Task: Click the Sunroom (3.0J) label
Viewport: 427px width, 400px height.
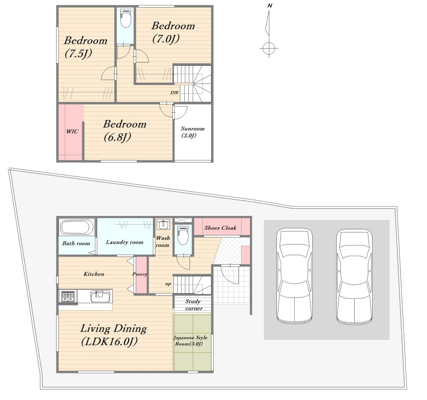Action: (193, 132)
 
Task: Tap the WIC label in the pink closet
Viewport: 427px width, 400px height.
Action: (72, 131)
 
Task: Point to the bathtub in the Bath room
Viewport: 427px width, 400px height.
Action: (77, 227)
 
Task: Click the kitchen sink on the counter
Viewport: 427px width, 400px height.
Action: (100, 296)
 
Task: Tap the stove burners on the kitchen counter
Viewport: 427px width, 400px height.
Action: (68, 296)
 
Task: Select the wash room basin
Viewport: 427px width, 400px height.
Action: (164, 224)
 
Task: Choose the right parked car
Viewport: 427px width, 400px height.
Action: (354, 277)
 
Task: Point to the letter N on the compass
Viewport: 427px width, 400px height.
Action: (270, 6)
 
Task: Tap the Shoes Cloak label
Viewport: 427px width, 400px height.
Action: (220, 228)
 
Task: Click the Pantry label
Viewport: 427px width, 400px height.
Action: (140, 274)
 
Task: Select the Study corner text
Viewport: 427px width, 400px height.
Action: (194, 305)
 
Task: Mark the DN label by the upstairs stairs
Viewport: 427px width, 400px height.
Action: (174, 93)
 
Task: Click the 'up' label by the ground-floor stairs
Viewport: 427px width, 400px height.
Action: (168, 284)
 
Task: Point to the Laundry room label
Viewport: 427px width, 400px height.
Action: (125, 242)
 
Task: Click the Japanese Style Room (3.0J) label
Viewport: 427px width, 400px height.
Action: (190, 341)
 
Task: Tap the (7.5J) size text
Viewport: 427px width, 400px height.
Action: (78, 53)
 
